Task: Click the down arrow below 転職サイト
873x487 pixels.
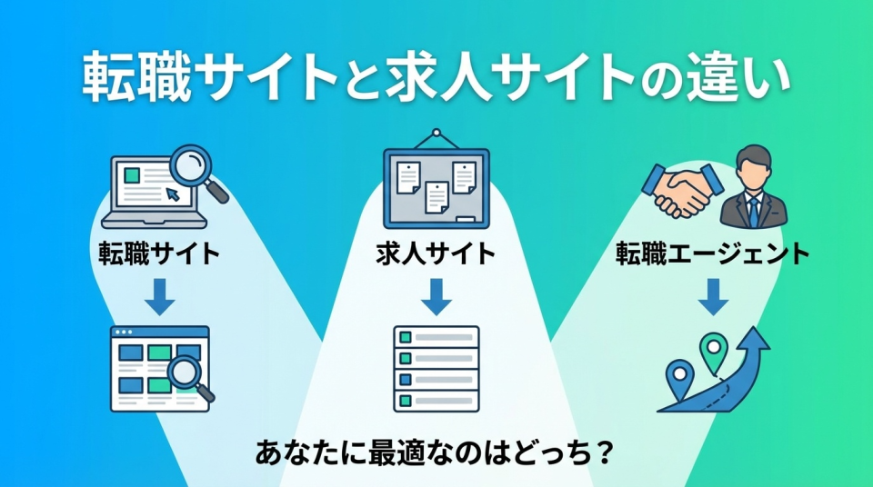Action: click(160, 295)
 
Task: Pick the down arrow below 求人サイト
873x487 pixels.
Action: click(436, 295)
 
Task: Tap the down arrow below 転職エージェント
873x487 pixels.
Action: click(712, 295)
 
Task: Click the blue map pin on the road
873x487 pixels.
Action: click(678, 373)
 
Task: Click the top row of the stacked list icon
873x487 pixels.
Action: click(436, 337)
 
